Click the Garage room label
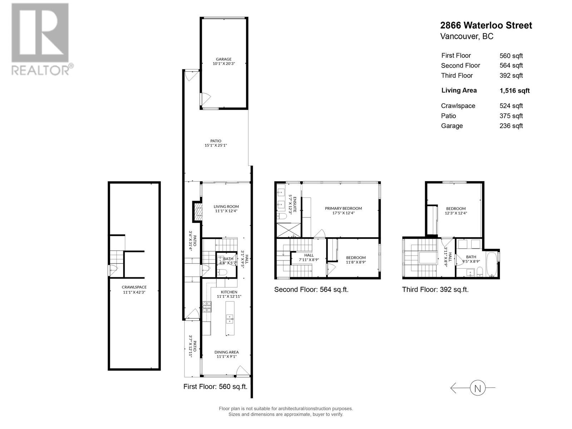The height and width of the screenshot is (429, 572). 223,61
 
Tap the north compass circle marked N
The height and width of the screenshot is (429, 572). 477,388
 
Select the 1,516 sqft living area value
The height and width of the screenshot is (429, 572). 514,91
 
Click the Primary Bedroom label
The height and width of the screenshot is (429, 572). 343,211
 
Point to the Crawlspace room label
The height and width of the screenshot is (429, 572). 134,289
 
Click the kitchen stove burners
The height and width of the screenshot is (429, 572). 207,307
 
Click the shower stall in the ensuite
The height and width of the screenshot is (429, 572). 288,229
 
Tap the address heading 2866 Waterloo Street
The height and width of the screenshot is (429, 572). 486,25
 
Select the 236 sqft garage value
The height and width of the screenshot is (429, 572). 511,126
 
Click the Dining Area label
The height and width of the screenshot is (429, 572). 226,354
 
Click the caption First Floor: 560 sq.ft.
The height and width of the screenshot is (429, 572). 215,386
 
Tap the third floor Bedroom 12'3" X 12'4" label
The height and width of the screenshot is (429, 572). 456,211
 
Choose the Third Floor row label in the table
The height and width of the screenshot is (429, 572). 457,75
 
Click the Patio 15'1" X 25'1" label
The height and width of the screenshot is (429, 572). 216,143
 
